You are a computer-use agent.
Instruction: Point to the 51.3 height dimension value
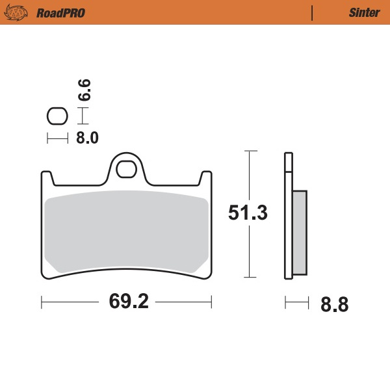(248, 213)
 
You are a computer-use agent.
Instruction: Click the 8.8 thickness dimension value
(335, 304)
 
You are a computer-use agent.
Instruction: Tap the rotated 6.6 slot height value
(85, 89)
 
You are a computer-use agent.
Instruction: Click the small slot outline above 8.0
(57, 116)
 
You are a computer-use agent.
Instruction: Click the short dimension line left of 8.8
(296, 302)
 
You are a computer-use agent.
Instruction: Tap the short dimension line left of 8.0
(57, 138)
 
